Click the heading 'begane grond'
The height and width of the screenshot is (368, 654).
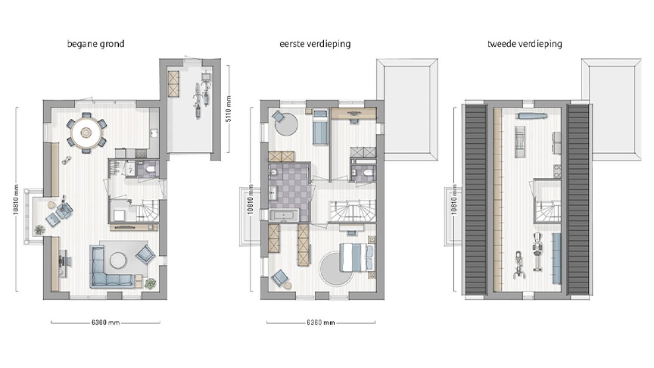point(96,44)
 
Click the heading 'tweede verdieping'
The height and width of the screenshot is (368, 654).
point(525,44)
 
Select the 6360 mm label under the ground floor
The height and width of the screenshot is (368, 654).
point(105,323)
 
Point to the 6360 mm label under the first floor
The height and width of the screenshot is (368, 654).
point(320,323)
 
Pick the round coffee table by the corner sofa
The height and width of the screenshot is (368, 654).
point(118,260)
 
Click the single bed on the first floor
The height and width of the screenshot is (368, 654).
point(319,126)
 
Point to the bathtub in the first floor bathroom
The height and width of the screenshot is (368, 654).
point(288,215)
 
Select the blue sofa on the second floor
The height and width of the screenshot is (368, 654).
point(556,251)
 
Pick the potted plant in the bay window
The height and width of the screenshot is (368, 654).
point(39,229)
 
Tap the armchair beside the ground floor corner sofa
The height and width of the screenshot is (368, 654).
point(145,254)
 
